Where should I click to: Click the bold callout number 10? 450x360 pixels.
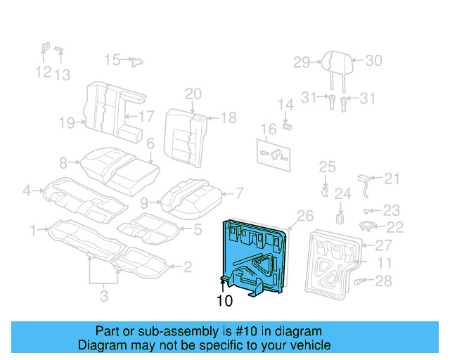click(224, 300)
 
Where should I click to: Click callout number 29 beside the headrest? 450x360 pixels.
click(301, 63)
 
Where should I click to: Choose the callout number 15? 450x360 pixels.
click(112, 60)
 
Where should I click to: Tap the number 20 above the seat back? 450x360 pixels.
click(193, 94)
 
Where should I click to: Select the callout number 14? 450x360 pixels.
click(285, 105)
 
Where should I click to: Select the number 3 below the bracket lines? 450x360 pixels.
click(103, 297)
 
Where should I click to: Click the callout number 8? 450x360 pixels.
click(63, 164)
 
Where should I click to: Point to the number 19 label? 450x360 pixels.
click(66, 124)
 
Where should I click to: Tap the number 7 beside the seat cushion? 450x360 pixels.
click(238, 192)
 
